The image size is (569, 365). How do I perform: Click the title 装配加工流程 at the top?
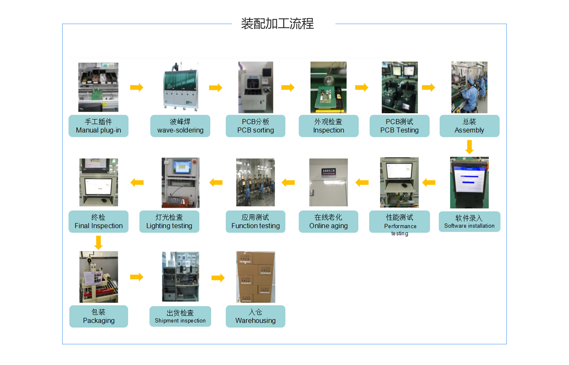[x=277, y=24]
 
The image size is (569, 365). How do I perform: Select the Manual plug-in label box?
[x=98, y=126]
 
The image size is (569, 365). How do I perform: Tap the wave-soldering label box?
[x=180, y=126]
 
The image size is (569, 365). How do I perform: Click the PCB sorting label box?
[x=255, y=126]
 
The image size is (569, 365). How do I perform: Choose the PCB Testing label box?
[x=399, y=126]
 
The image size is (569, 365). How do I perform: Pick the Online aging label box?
[x=328, y=222]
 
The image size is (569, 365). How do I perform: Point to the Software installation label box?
[x=469, y=222]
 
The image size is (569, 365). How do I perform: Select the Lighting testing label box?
[x=169, y=222]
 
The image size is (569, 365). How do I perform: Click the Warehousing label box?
[x=255, y=316]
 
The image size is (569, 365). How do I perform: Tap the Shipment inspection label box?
[x=180, y=316]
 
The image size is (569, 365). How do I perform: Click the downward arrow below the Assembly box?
[x=469, y=147]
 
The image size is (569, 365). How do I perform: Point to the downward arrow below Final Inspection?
[x=99, y=243]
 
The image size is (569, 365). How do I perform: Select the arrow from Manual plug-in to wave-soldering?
[x=137, y=87]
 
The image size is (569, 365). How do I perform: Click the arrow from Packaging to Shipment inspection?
[x=137, y=277]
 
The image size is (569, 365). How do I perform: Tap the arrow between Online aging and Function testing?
[x=288, y=182]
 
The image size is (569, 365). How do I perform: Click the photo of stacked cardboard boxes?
[x=255, y=277]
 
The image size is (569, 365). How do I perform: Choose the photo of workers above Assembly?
[x=469, y=87]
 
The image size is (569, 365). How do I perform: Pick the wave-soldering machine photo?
[x=180, y=86]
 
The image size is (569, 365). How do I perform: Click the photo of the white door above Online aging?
[x=328, y=182]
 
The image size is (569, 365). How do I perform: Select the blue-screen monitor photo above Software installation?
[x=469, y=182]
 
